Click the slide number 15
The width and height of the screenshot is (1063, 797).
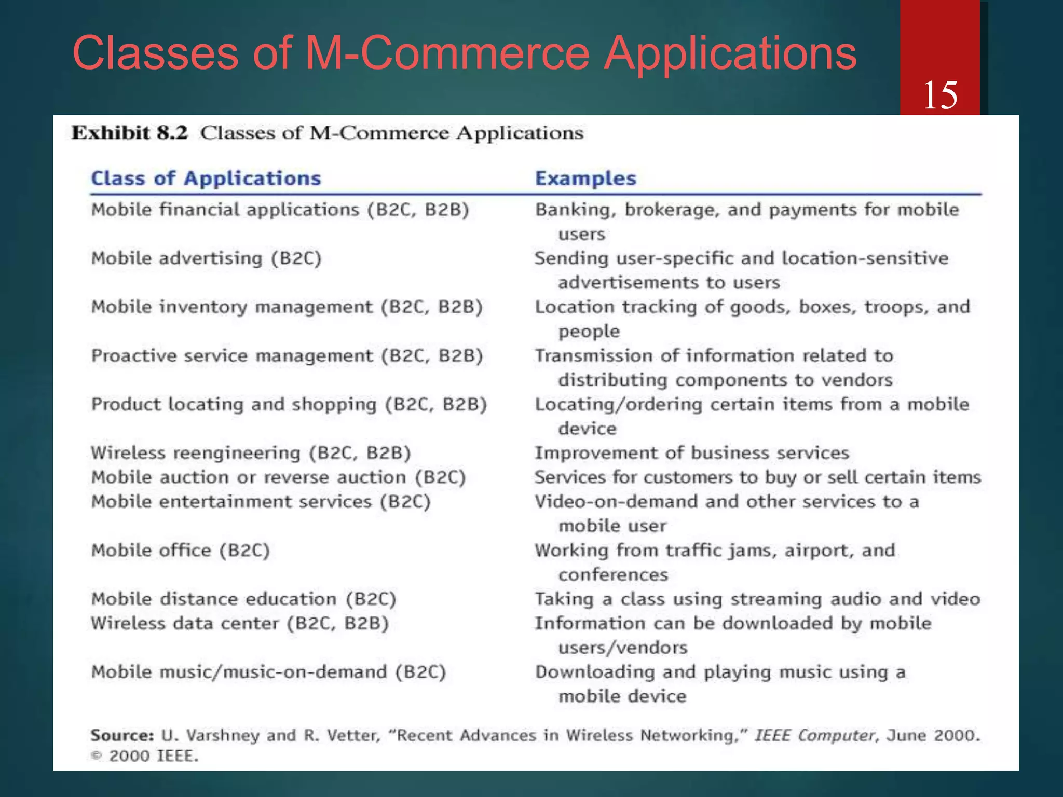940,95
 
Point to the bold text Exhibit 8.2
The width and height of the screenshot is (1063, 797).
129,133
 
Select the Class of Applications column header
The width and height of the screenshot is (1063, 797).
206,178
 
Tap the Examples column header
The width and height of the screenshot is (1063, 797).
585,178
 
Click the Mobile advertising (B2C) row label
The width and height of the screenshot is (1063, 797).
206,258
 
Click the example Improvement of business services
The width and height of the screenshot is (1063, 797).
692,453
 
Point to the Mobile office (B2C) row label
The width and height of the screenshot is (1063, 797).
180,551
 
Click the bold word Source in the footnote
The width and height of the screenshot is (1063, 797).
121,735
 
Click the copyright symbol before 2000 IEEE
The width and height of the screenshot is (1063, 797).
96,756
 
